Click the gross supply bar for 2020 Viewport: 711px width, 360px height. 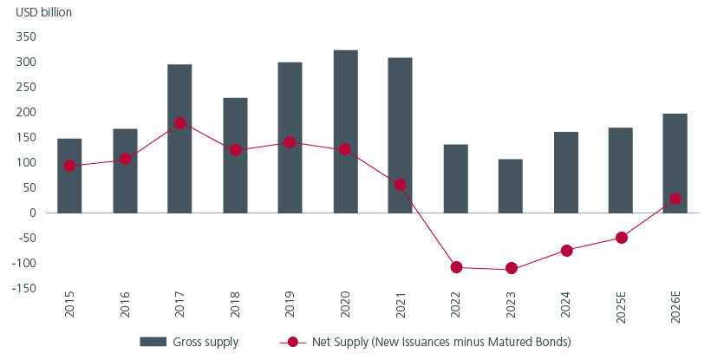[345, 131]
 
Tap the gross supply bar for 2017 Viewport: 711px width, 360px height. [179, 138]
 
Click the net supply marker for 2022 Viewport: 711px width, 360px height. [455, 267]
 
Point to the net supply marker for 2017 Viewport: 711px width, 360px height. [179, 123]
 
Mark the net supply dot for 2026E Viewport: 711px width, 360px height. [675, 199]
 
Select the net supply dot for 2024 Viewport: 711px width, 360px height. [565, 251]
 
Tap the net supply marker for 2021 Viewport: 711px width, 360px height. [400, 185]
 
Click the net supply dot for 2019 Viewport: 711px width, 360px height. [290, 142]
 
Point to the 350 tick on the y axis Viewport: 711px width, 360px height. [24, 37]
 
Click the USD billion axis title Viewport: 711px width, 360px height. [38, 12]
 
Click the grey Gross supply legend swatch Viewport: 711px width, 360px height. [151, 343]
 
